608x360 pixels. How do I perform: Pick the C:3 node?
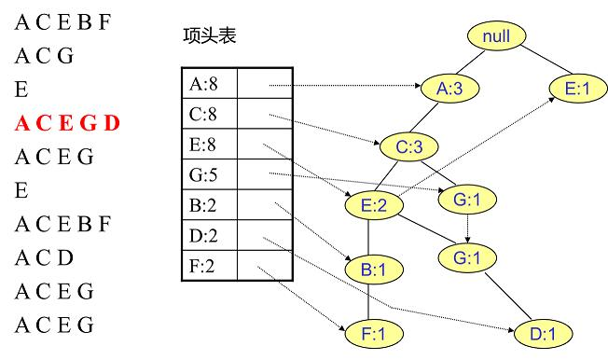pos(408,146)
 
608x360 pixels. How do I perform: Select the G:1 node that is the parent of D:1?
pos(466,256)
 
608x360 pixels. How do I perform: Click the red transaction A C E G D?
pos(67,123)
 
